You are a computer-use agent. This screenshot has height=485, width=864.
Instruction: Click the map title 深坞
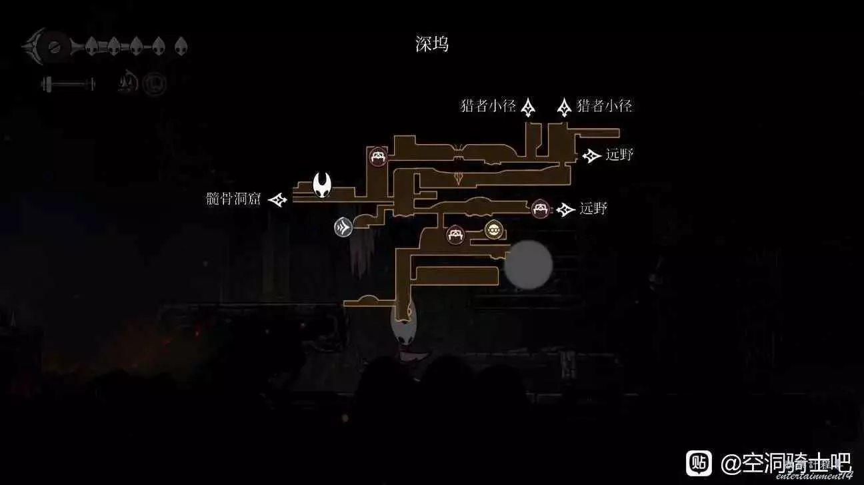point(432,44)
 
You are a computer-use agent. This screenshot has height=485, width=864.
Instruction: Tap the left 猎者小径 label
point(487,105)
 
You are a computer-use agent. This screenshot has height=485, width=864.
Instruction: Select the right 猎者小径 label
point(604,105)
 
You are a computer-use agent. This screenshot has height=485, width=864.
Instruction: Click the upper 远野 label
point(619,155)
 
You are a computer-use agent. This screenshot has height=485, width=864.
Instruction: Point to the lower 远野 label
point(593,209)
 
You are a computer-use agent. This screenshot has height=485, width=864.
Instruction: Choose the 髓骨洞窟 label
point(234,199)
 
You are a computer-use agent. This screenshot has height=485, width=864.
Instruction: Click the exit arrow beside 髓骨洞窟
point(277,199)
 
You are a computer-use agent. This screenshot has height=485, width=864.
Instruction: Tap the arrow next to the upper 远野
point(591,155)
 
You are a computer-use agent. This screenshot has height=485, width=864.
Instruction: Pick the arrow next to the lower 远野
point(566,209)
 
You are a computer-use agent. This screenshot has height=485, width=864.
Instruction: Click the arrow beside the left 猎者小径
point(528,107)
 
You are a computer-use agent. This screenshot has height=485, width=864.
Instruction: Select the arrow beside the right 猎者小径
point(564,107)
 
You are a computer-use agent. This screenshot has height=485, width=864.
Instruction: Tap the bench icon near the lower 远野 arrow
point(540,209)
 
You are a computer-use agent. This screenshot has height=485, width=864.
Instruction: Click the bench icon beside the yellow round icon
point(455,234)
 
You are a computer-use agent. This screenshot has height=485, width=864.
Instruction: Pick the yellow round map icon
point(493,229)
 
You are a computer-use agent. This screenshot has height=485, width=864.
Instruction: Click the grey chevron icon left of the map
point(343,227)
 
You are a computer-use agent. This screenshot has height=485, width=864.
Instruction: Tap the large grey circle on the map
point(528,265)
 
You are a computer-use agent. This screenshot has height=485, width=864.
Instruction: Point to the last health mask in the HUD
point(181,46)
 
